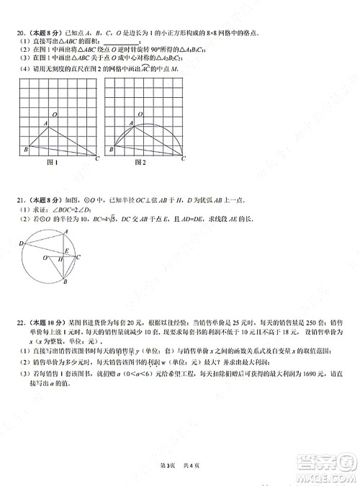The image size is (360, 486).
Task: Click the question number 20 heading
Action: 22,33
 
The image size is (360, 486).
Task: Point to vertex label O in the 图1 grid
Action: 56,114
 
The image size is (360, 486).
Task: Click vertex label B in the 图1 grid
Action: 24,149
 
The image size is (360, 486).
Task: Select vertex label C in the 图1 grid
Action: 97,158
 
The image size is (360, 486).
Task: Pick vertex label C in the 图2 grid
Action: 183,158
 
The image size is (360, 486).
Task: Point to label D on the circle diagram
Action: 21,244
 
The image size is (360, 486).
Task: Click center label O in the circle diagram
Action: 45,257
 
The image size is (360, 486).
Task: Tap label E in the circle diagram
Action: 66,251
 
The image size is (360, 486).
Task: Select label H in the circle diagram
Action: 61,261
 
